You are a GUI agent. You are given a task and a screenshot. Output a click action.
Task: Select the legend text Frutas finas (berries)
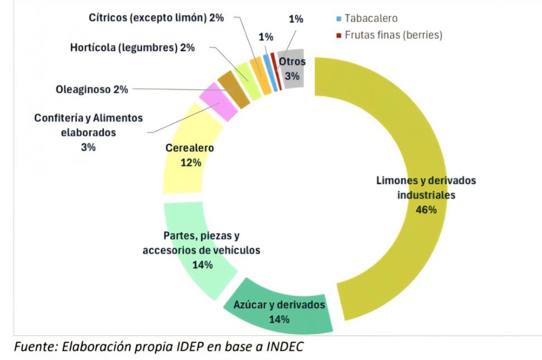coord(389,35)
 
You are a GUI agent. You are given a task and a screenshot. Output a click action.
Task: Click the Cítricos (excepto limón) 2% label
coord(156,17)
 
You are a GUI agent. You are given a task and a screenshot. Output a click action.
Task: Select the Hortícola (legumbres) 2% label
coord(132,48)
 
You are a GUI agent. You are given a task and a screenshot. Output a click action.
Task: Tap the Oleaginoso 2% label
coord(92,89)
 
